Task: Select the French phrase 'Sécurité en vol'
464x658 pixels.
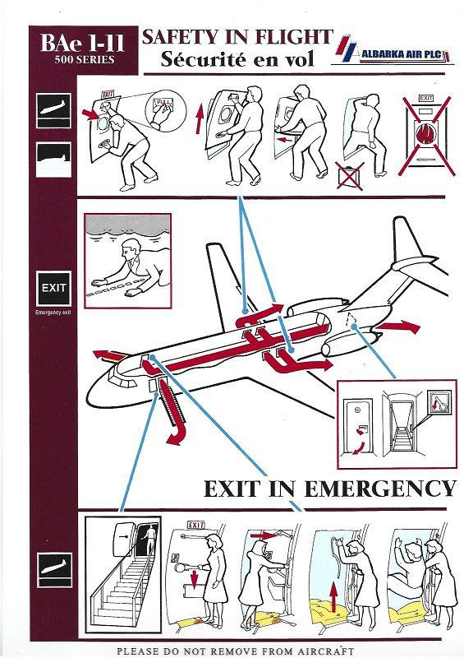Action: click(x=237, y=58)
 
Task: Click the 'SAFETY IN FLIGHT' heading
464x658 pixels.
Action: click(x=238, y=36)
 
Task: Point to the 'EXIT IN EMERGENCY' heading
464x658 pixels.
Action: click(x=328, y=489)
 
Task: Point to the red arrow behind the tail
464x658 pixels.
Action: click(x=399, y=327)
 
